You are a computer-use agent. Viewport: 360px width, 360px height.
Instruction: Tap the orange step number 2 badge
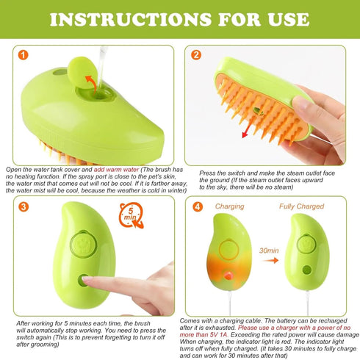(196, 55)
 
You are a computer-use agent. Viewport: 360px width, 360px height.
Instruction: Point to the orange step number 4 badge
(196, 206)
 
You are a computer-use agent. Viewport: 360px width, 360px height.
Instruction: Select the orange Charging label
(229, 207)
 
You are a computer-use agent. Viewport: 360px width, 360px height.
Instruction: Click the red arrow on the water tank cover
(92, 82)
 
